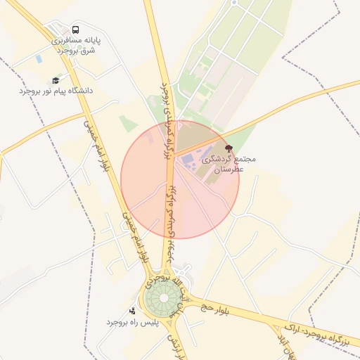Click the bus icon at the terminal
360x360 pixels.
[75, 30]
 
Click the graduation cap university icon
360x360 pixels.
[56, 81]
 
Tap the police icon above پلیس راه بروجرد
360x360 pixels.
[132, 311]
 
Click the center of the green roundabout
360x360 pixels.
[163, 299]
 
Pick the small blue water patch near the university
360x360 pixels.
[38, 59]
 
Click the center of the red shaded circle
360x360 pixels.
[180, 179]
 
